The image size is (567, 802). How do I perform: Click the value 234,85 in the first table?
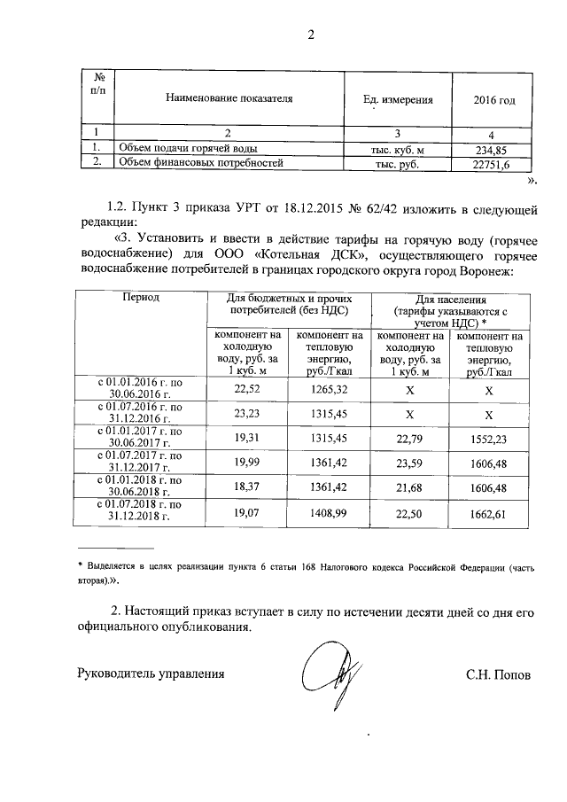pyautogui.click(x=493, y=149)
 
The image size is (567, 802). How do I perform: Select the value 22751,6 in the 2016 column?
pyautogui.click(x=493, y=163)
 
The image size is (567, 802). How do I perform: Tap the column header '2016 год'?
pyautogui.click(x=494, y=100)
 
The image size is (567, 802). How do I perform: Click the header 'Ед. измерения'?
pyautogui.click(x=399, y=100)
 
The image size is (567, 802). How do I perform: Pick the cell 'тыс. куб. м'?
pyautogui.click(x=398, y=149)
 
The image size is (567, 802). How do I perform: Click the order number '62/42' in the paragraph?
pyautogui.click(x=384, y=209)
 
